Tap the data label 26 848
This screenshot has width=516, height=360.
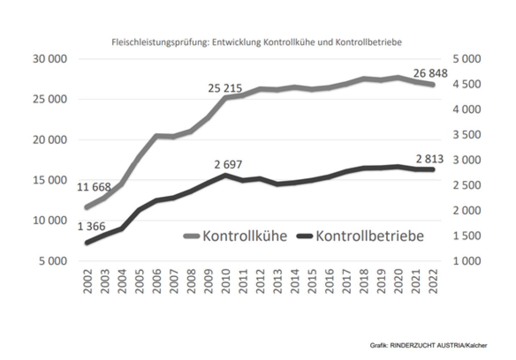click(x=431, y=73)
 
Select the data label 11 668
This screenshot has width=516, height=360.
click(x=94, y=187)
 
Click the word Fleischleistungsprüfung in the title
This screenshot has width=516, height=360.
click(x=160, y=43)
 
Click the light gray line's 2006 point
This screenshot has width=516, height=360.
click(x=157, y=136)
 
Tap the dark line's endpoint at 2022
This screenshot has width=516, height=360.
click(x=433, y=170)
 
